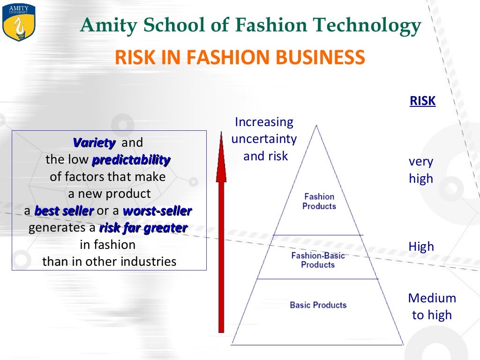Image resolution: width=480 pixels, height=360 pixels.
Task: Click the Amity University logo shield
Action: pos(19,22)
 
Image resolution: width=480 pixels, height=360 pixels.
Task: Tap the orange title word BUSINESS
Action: pos(320,58)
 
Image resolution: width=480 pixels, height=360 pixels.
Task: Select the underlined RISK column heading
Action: pos(422,101)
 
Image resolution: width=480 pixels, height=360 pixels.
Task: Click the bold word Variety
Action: pos(94,142)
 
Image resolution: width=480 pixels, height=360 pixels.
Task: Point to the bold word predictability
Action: pos(131,160)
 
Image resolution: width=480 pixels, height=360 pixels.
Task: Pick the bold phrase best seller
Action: pos(64,211)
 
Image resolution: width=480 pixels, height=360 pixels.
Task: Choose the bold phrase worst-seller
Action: pos(157,211)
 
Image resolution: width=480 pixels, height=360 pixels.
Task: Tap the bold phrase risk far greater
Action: pos(143,228)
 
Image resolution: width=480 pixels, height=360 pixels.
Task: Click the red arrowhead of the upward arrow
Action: pos(221,159)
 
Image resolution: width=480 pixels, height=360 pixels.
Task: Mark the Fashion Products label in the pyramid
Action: pos(319,201)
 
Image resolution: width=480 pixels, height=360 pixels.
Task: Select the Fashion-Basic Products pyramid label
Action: pos(318,260)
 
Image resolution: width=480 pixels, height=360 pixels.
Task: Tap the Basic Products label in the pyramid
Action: pos(318,305)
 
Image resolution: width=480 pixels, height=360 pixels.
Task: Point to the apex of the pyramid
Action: pos(317,126)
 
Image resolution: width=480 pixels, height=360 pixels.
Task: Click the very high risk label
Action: pos(421,170)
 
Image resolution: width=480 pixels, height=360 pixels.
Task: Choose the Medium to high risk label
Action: pos(432,307)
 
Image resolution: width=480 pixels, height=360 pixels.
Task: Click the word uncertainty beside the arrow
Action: pos(264,139)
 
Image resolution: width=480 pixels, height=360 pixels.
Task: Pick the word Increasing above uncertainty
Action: pos(264,122)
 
